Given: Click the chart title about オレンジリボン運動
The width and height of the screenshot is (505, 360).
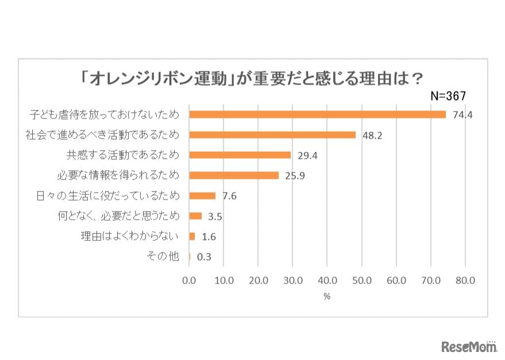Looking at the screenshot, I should (252, 78).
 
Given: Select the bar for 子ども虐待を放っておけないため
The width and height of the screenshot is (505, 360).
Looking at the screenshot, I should (317, 114).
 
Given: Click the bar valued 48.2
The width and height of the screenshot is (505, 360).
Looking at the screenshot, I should (272, 135).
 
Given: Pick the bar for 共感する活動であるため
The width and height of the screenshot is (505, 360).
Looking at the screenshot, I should (240, 155).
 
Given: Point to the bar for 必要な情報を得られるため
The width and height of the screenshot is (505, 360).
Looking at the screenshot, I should (234, 175).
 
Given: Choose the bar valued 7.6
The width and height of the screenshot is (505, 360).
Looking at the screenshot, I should (202, 196).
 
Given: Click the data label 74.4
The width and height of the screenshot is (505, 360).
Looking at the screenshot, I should (462, 115).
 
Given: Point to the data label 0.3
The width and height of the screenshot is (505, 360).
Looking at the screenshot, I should (204, 257).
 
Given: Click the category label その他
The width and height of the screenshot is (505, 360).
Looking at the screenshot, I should (163, 256).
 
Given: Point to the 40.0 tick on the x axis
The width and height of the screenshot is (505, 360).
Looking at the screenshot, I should (327, 281).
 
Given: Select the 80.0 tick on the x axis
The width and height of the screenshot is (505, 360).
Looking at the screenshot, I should (465, 281).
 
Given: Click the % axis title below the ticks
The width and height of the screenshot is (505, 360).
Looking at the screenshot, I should (327, 297).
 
